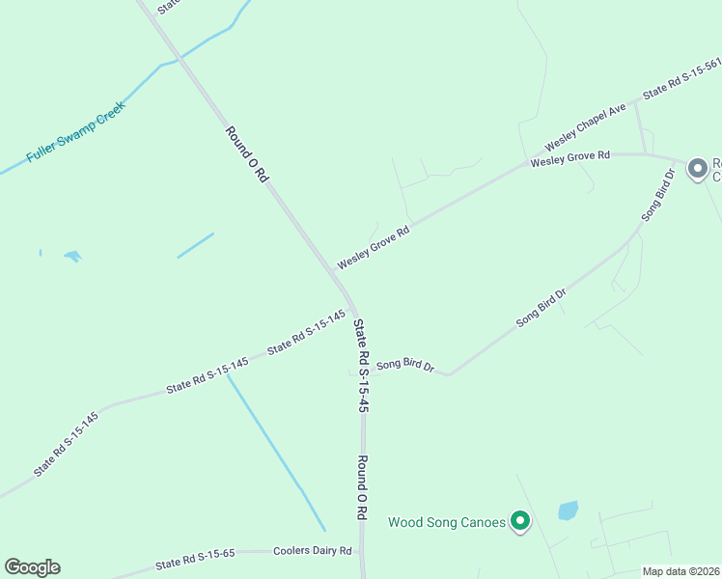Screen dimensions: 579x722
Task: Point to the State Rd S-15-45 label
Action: pyautogui.click(x=362, y=367)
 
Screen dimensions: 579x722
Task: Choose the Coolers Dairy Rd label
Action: pyautogui.click(x=313, y=550)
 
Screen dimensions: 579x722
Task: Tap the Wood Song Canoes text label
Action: pyautogui.click(x=447, y=522)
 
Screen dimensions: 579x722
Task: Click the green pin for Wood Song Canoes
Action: pyautogui.click(x=521, y=521)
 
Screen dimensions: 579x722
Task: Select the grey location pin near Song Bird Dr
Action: pyautogui.click(x=697, y=169)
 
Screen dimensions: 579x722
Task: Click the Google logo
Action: pyautogui.click(x=32, y=567)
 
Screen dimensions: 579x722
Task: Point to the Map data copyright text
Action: pyautogui.click(x=681, y=571)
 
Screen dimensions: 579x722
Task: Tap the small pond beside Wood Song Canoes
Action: pyautogui.click(x=568, y=510)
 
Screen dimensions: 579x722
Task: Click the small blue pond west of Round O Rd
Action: pyautogui.click(x=72, y=256)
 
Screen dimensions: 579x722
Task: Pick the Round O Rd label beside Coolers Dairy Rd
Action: pyautogui.click(x=363, y=487)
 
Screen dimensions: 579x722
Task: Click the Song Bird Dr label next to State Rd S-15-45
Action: pyautogui.click(x=405, y=365)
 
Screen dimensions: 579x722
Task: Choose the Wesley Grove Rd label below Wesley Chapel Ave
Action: pyautogui.click(x=569, y=156)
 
